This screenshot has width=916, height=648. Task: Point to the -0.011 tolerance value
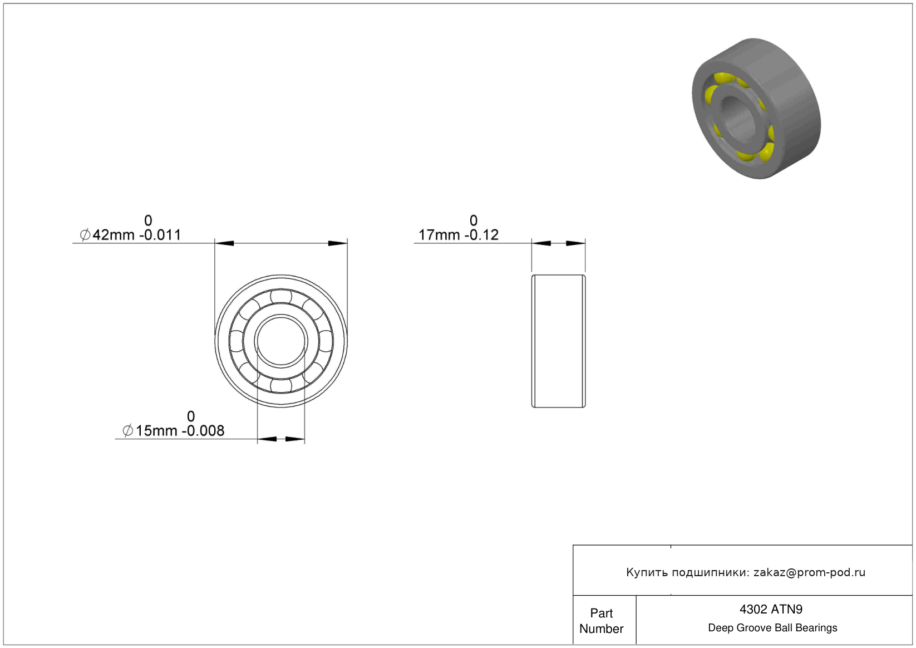tap(160, 235)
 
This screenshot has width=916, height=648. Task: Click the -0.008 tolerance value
tap(203, 431)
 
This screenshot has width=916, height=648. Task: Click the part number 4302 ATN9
tap(771, 610)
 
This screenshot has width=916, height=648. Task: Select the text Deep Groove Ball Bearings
tap(772, 628)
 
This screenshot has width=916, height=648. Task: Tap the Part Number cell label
tap(601, 621)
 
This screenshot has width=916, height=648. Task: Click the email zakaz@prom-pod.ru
tap(809, 572)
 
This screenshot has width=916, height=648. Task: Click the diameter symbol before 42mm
tap(85, 235)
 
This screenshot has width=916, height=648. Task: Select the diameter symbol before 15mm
tap(128, 430)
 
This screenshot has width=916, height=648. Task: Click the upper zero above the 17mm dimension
tap(474, 220)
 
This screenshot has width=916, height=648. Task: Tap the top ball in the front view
tap(281, 297)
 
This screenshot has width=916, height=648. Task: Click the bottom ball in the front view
tap(281, 386)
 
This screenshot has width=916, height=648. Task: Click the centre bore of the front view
tap(281, 341)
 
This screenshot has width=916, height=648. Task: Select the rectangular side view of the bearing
tap(558, 341)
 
